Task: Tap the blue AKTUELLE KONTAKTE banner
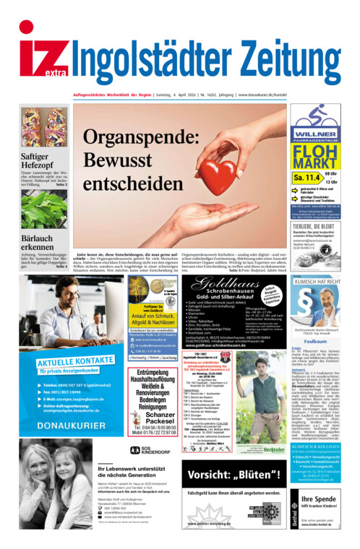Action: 70,362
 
